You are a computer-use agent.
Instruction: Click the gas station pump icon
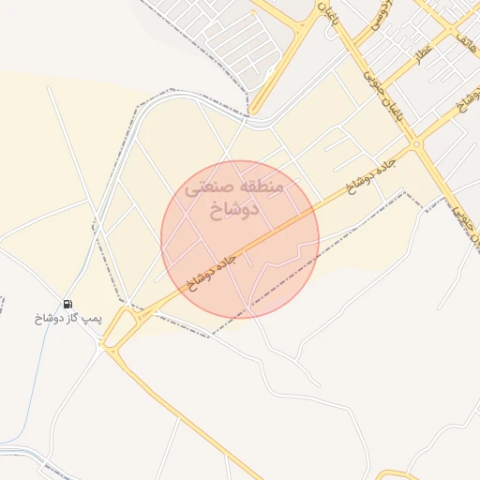click(68, 304)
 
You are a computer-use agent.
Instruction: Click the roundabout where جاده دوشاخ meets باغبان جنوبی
click(414, 145)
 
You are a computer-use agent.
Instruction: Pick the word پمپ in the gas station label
click(91, 319)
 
